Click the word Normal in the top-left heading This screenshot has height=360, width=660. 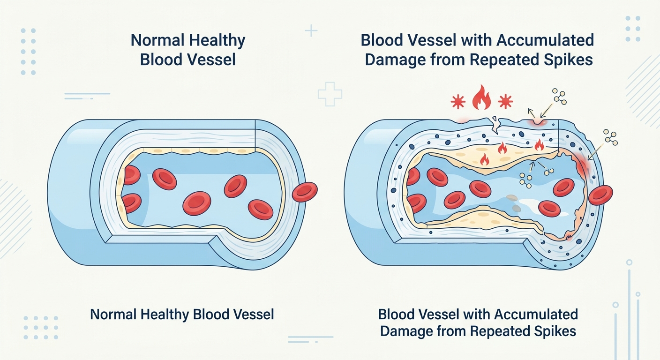[157, 40]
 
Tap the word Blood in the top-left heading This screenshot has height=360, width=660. [161, 60]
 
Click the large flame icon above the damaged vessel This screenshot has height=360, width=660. [481, 98]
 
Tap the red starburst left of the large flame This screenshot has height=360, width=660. [458, 102]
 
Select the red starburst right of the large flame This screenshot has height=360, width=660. [505, 101]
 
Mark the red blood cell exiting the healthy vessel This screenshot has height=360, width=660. [305, 192]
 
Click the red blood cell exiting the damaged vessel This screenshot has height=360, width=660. [600, 195]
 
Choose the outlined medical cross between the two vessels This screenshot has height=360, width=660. [330, 94]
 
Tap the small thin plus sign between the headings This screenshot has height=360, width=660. [311, 30]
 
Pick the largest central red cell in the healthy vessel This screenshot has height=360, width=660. [197, 203]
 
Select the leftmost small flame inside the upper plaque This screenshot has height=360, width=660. [484, 160]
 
